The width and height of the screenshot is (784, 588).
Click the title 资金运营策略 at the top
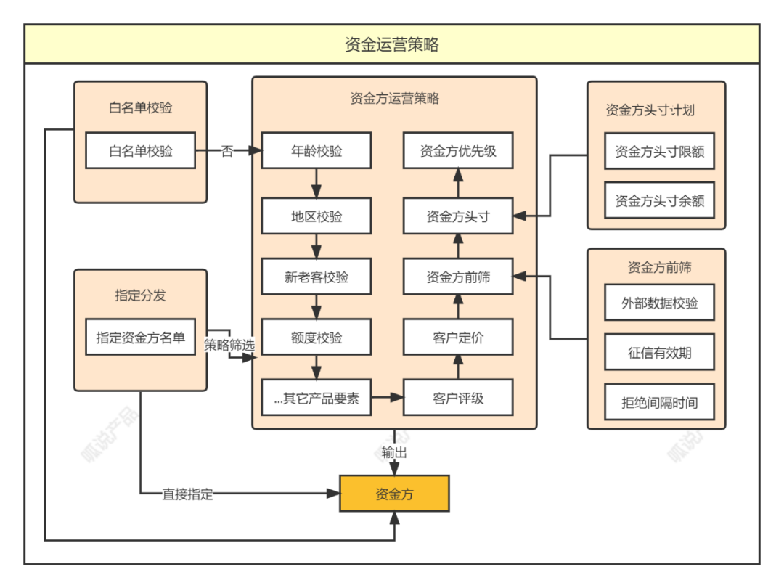coord(392,45)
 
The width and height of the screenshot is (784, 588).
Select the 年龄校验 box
coord(316,151)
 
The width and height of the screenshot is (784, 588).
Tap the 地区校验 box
coord(316,216)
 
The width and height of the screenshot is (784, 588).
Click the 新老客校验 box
coord(316,277)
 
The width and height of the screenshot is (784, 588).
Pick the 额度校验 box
coord(316,338)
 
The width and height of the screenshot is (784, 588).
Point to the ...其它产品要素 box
coord(316,398)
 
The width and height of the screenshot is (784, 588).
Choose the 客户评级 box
coord(458,398)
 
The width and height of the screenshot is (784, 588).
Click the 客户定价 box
coord(458,338)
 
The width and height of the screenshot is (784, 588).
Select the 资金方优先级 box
coord(458,151)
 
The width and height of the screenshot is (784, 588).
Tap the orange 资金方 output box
coord(394,494)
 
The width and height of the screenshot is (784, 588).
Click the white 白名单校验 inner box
coord(141,151)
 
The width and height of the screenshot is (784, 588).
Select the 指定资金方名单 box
coord(141,338)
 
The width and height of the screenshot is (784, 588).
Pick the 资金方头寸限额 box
coord(659,152)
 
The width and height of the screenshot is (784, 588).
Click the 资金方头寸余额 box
coord(659,200)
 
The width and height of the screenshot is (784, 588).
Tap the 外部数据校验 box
coord(659,303)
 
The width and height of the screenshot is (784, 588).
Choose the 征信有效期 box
coord(659,353)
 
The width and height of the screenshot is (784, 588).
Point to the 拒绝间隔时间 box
coord(659,402)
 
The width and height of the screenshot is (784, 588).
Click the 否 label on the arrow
coord(227,151)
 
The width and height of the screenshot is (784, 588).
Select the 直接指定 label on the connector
coord(187,494)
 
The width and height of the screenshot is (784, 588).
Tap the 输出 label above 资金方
coord(394,452)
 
